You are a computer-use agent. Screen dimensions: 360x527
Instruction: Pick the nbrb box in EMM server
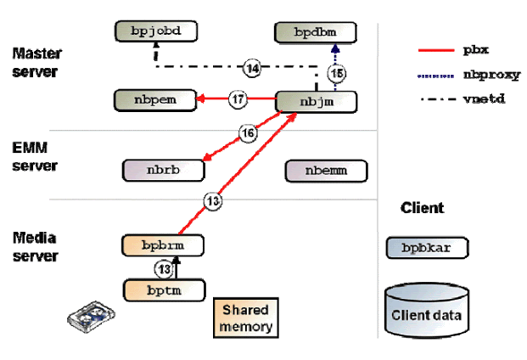pyautogui.click(x=165, y=170)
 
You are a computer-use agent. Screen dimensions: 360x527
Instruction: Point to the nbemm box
pyautogui.click(x=326, y=170)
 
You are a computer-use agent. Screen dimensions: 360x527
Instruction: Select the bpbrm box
pyautogui.click(x=165, y=245)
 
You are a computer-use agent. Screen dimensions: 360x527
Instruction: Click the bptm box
pyautogui.click(x=165, y=290)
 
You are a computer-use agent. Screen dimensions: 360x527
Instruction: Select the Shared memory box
pyautogui.click(x=248, y=318)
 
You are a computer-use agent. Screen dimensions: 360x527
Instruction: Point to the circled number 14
pyautogui.click(x=251, y=67)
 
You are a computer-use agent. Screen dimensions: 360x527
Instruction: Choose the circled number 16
pyautogui.click(x=248, y=133)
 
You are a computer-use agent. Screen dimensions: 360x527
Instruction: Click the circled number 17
pyautogui.click(x=238, y=100)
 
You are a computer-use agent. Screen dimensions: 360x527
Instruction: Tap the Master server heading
pyautogui.click(x=36, y=63)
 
